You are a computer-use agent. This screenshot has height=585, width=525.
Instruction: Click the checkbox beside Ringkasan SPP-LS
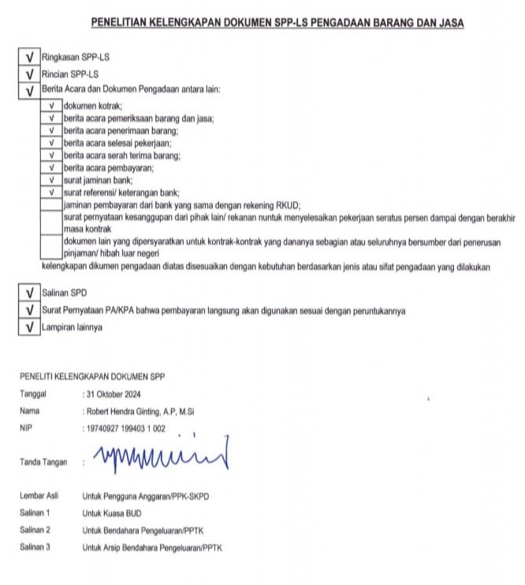pyautogui.click(x=28, y=58)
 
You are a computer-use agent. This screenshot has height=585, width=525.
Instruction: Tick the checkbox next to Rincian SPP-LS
pyautogui.click(x=28, y=73)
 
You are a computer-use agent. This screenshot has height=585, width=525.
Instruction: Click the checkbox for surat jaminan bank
pyautogui.click(x=51, y=181)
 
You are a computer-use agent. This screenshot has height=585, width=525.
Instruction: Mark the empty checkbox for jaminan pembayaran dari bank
pyautogui.click(x=51, y=205)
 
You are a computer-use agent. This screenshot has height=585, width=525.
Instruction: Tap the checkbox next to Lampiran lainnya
pyautogui.click(x=28, y=327)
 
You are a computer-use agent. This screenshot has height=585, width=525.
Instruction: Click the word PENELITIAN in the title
pyautogui.click(x=125, y=24)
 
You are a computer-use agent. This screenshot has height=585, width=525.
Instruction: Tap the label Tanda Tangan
pyautogui.click(x=43, y=462)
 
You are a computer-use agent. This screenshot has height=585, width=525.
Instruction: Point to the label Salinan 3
pyautogui.click(x=35, y=546)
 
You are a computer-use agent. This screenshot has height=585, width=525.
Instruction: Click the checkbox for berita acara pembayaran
pyautogui.click(x=51, y=168)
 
